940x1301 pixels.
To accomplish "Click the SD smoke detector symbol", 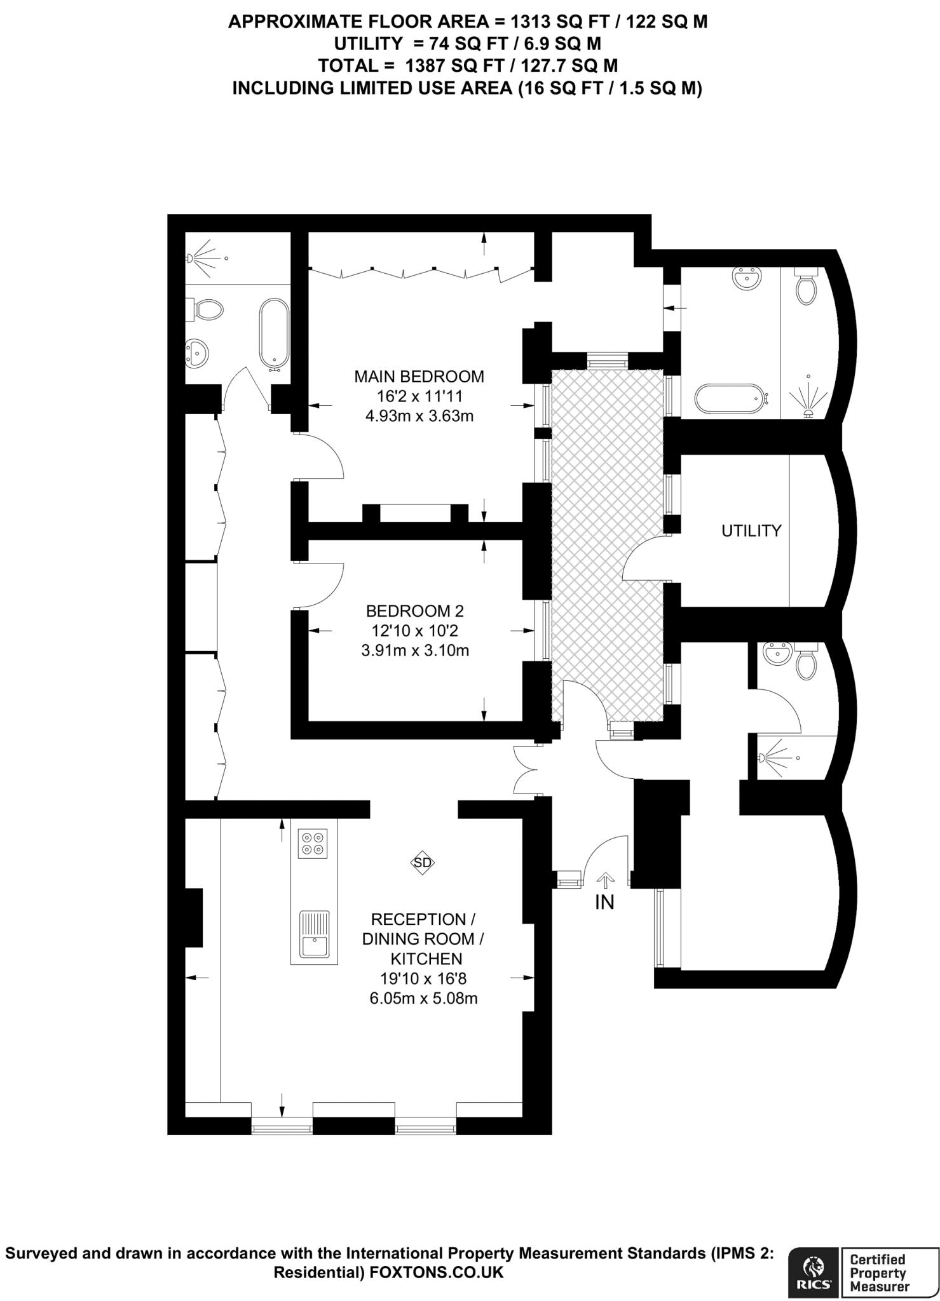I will (423, 862).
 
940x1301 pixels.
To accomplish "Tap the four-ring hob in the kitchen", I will (313, 844).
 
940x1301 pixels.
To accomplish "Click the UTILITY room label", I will (751, 530).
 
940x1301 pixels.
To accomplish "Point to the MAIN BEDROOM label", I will (419, 377).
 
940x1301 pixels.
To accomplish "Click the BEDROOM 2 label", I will (415, 611).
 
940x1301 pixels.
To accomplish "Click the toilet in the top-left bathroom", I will (207, 309).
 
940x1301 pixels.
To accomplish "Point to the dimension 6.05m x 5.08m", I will (423, 998).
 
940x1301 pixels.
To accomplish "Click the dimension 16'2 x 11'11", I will (419, 397).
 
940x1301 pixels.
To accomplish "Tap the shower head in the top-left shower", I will (190, 259).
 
